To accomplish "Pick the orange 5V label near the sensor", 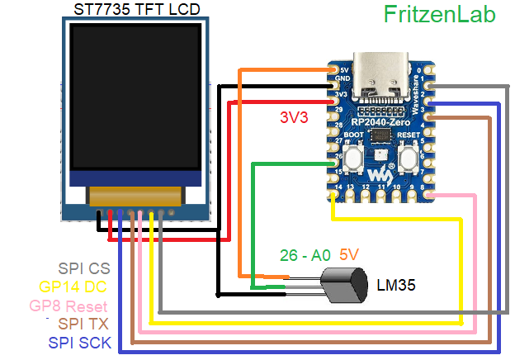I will [351, 255].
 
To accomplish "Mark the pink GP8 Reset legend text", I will [69, 305].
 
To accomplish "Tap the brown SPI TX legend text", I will [83, 323].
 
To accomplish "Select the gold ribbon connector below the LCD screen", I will [135, 197].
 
